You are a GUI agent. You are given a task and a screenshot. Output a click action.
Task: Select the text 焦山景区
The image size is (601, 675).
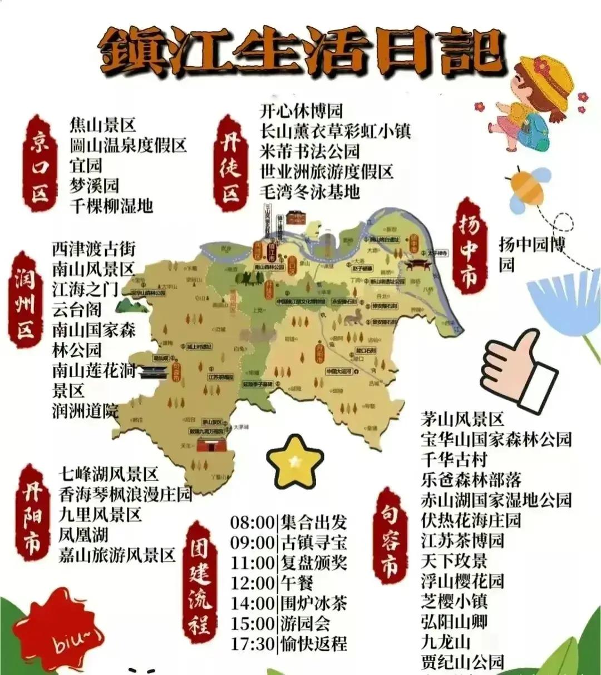[x=103, y=124]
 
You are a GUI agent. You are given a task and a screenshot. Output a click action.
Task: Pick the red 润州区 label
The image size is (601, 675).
[x=25, y=300]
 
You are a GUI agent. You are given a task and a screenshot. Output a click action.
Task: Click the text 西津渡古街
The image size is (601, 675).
[x=94, y=249]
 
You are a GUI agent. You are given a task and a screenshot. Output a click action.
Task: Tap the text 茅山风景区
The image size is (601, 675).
[x=462, y=419]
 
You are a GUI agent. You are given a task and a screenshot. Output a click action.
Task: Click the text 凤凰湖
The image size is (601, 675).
[x=83, y=535]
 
